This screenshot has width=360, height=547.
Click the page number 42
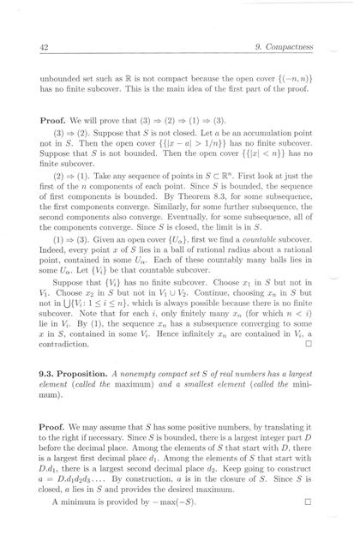[42, 48]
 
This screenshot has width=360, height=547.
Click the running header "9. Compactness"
[291, 48]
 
